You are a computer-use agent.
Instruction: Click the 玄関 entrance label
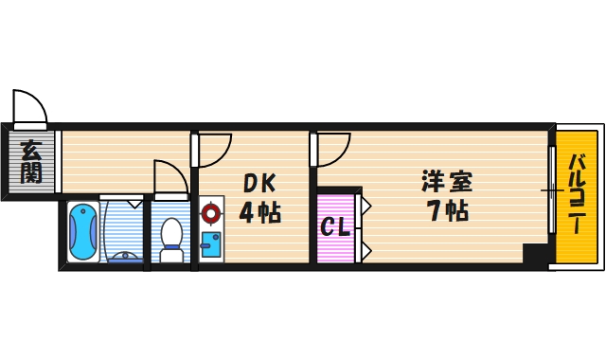point(31,161)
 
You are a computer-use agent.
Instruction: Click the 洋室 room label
point(447,180)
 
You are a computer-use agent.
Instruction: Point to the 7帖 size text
point(447,210)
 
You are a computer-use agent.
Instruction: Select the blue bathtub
point(82,232)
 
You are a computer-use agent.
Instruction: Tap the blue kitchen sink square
point(210,243)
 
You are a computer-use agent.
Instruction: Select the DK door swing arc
point(214,151)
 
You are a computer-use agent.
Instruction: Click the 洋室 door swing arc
point(332,150)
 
